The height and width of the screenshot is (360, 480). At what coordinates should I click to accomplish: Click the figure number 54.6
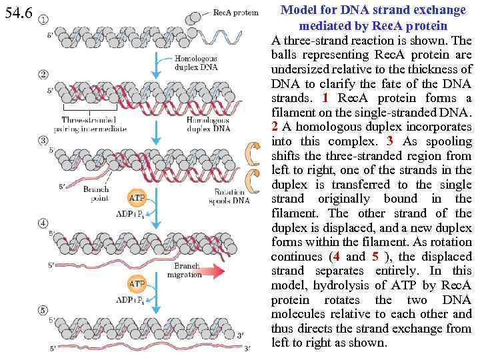point(19,13)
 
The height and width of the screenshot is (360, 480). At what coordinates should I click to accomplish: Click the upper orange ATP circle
point(137,198)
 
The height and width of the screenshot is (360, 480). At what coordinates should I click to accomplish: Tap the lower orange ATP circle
point(137,285)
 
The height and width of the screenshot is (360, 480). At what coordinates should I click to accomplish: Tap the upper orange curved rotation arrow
point(253,153)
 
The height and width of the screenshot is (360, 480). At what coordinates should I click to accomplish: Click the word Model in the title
point(298,11)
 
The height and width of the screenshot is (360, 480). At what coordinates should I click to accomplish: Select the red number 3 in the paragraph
point(390,141)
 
